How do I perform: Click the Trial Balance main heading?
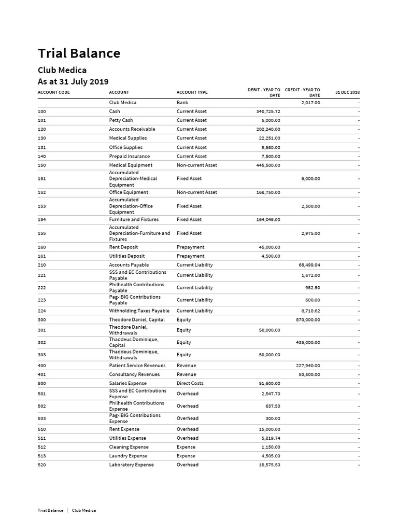coord(79,53)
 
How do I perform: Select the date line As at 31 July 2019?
coord(73,81)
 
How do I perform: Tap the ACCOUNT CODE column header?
coord(54,92)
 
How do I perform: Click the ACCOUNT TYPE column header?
coord(192,92)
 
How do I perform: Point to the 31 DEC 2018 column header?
coord(347,92)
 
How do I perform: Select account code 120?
coord(42,129)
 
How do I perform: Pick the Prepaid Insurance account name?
coord(129,156)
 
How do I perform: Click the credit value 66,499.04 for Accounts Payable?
coord(309,265)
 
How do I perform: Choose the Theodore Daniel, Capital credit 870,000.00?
coord(308,320)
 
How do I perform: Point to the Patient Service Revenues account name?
coord(137,366)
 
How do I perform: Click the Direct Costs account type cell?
coord(190,383)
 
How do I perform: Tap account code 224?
coord(42,311)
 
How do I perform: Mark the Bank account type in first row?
coord(182,103)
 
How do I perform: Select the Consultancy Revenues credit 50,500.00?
coord(309,374)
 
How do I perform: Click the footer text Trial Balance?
coord(50,510)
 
